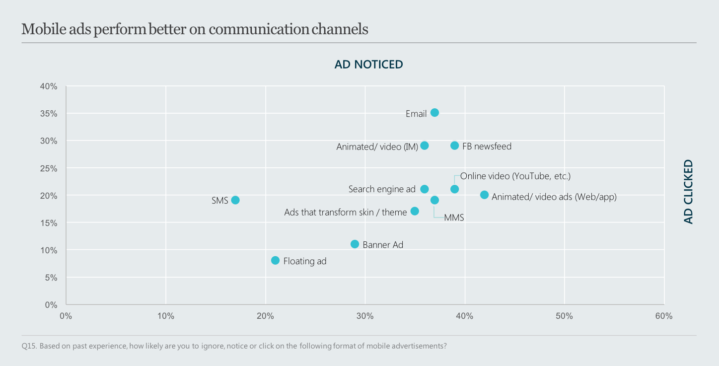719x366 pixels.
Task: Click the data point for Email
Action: (434, 113)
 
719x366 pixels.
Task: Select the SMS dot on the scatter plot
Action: (235, 200)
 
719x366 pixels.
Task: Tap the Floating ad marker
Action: (275, 260)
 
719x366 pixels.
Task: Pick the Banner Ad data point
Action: (355, 244)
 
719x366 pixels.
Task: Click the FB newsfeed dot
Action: (454, 146)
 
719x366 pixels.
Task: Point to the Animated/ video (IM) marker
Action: (425, 146)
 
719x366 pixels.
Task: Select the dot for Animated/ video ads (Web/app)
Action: (484, 195)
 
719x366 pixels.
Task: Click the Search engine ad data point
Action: (425, 189)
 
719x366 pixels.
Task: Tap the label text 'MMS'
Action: (454, 218)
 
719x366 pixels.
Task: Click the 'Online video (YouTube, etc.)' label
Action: (515, 176)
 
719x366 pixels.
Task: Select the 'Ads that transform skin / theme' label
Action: (346, 212)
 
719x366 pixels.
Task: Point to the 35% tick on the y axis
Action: (49, 114)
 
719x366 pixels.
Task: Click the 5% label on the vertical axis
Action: (51, 278)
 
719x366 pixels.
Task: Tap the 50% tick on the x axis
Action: (564, 316)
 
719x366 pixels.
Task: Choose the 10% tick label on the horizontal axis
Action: (166, 316)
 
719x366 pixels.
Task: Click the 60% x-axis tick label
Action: (664, 316)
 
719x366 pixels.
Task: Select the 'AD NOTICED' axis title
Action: (368, 65)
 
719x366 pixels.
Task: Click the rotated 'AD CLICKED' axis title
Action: (688, 192)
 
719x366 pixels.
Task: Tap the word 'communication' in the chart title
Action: (259, 29)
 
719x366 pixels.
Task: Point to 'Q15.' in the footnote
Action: (29, 346)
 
